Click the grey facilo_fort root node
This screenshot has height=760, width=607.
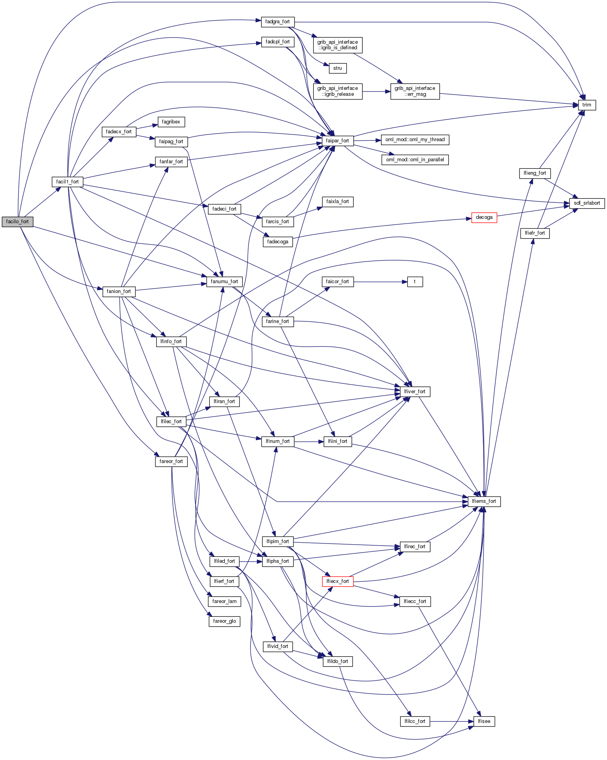pyautogui.click(x=17, y=222)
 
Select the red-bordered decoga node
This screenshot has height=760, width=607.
pyautogui.click(x=484, y=217)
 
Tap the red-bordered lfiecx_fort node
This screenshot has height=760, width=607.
pyautogui.click(x=338, y=581)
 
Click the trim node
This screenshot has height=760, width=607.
pyautogui.click(x=586, y=105)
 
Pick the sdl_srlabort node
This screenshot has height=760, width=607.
pyautogui.click(x=586, y=203)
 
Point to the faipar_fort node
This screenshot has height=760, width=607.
pyautogui.click(x=337, y=141)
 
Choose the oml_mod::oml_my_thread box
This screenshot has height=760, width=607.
pyautogui.click(x=415, y=140)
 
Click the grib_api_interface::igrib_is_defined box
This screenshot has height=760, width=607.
pyautogui.click(x=337, y=45)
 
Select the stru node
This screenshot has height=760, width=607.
pyautogui.click(x=337, y=68)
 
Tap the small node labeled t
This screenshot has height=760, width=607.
pyautogui.click(x=415, y=282)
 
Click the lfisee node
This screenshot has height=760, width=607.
pyautogui.click(x=484, y=721)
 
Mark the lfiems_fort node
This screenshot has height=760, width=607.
pyautogui.click(x=484, y=501)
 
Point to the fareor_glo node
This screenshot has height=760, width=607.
pyautogui.click(x=224, y=621)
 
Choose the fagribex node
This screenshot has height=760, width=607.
pyautogui.click(x=171, y=122)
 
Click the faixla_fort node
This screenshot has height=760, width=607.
pyautogui.click(x=337, y=202)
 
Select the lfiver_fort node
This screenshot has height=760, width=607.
pyautogui.click(x=415, y=392)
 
